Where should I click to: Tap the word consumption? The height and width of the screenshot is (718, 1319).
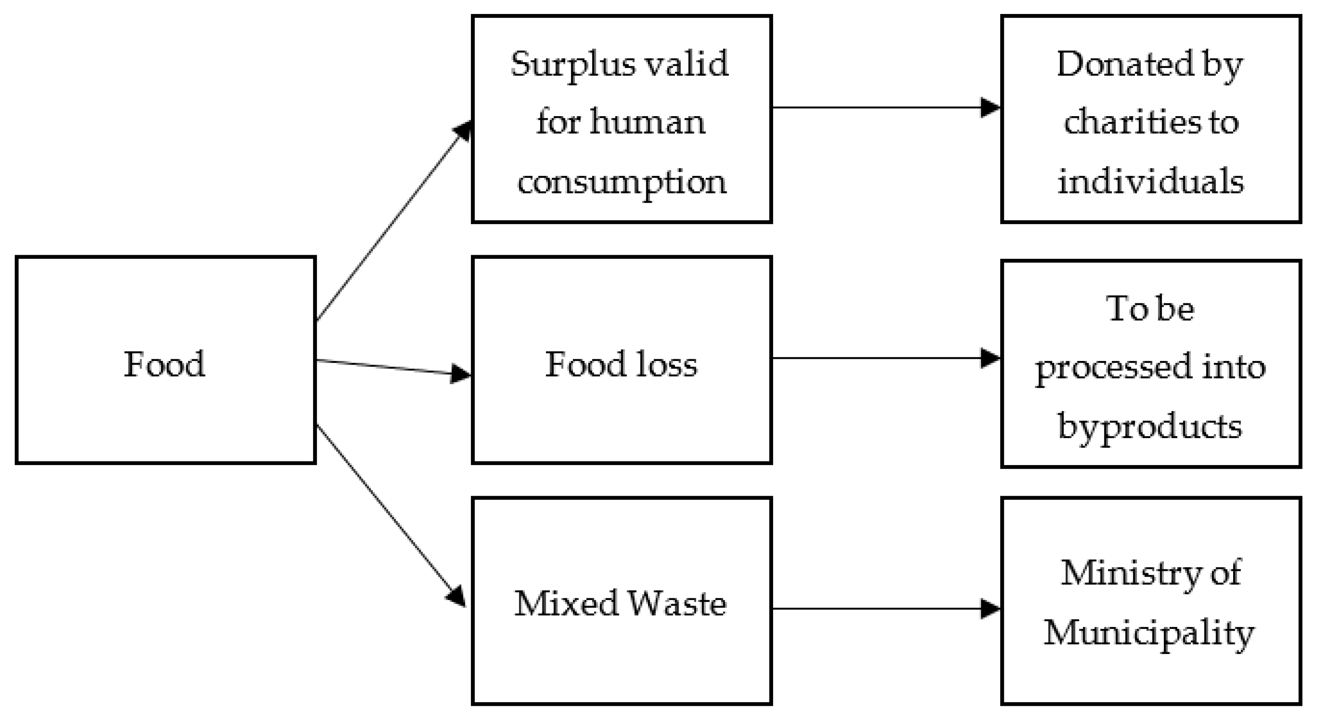(x=621, y=182)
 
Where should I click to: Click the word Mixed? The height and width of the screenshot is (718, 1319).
(x=566, y=603)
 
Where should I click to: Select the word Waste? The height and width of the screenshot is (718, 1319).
(x=677, y=603)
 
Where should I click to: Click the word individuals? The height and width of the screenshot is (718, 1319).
(x=1150, y=181)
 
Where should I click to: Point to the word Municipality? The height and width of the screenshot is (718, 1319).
(x=1149, y=632)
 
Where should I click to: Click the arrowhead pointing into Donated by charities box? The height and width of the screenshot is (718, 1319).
(x=990, y=108)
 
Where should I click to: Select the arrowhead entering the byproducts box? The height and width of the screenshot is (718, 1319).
(x=990, y=358)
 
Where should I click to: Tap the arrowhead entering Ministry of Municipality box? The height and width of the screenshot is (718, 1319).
(x=990, y=609)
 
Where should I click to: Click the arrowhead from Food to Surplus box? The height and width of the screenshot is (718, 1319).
(x=463, y=131)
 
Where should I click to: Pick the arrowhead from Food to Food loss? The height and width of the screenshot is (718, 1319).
(x=460, y=374)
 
